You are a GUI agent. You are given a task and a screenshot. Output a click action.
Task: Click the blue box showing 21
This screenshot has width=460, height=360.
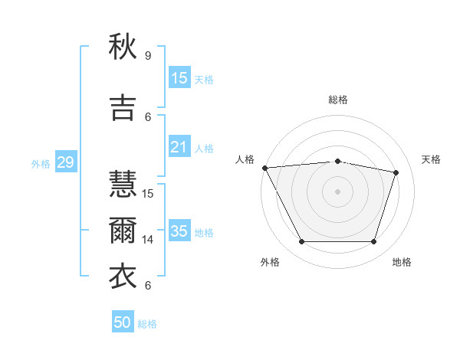click(179, 147)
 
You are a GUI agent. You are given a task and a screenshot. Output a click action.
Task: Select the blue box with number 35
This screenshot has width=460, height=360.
click(179, 231)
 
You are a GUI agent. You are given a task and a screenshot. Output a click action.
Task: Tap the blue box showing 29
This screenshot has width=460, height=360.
click(65, 162)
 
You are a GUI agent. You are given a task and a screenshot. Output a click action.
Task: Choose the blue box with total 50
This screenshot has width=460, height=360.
click(123, 322)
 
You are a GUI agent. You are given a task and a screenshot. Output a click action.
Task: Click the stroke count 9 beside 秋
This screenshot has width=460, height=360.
click(147, 56)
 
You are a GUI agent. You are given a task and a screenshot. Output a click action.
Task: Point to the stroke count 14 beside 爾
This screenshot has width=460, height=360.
click(149, 240)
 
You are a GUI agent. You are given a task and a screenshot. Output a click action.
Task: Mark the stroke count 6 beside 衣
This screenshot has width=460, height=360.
click(147, 286)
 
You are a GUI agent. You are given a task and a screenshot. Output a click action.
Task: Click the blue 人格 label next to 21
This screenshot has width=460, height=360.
click(204, 148)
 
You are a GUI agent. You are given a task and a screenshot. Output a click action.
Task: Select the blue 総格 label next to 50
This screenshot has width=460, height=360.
click(147, 324)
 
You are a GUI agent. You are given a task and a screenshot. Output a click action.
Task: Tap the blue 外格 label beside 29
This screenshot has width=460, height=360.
click(41, 163)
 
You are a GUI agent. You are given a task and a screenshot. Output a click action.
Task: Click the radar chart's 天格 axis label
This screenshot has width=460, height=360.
click(432, 159)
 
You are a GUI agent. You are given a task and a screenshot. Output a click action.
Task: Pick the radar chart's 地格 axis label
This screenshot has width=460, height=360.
click(402, 262)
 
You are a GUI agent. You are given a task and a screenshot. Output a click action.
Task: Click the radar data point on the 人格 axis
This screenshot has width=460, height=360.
click(264, 168)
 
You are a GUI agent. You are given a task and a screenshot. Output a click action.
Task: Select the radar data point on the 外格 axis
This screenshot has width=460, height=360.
click(301, 242)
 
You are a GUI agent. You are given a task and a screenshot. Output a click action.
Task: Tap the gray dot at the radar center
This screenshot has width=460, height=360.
click(337, 191)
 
